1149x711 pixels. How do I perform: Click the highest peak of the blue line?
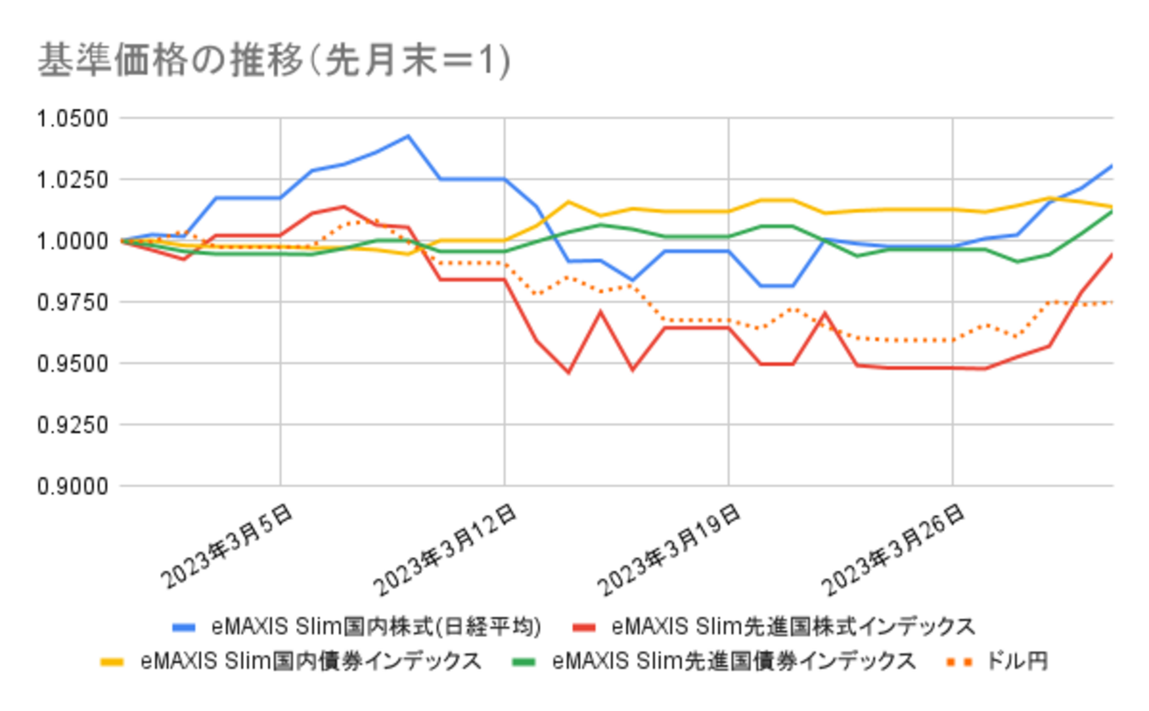pyautogui.click(x=407, y=135)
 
